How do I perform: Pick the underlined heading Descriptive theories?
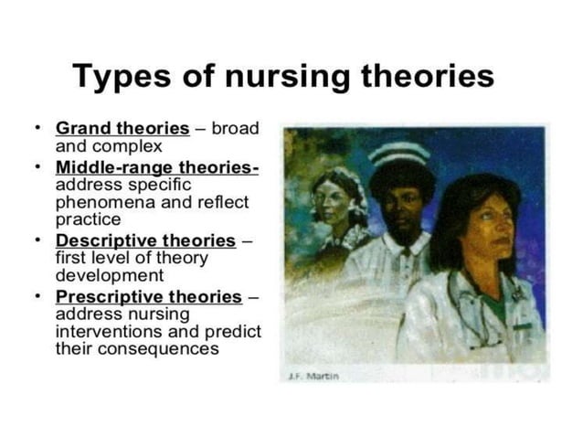pyautogui.click(x=145, y=240)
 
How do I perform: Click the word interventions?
pyautogui.click(x=101, y=332)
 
